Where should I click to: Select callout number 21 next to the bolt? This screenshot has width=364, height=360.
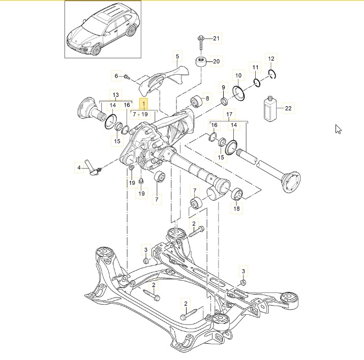point(216,39)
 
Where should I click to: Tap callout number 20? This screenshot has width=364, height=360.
point(216,62)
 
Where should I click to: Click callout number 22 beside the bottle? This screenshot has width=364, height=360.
point(288,108)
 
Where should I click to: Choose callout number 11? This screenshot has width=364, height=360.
point(255,67)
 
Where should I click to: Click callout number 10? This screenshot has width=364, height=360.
point(238,76)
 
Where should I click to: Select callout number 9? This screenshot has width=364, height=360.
point(223,88)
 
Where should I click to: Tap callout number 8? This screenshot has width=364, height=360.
point(207,98)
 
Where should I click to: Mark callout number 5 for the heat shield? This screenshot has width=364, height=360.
point(178,56)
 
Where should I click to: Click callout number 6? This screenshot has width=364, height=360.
point(116,76)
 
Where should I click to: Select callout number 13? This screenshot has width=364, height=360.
point(116,95)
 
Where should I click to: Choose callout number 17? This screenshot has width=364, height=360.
point(229,114)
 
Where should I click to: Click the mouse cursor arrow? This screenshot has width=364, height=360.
point(338,129)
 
